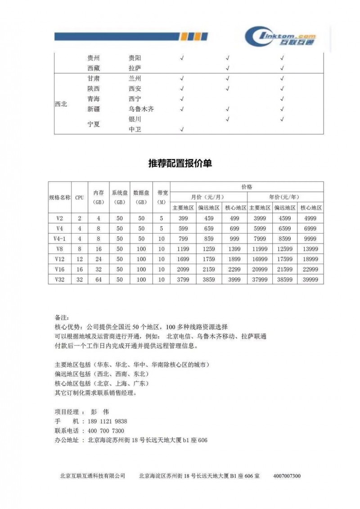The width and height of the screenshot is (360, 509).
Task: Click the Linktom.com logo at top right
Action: [281, 36]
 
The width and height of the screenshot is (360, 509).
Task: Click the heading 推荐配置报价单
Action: [180, 164]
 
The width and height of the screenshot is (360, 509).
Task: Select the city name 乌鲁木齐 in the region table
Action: [141, 109]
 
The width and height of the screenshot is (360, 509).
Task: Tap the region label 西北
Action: [61, 104]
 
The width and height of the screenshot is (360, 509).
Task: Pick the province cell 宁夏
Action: [94, 125]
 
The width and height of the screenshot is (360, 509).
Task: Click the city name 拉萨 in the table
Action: [135, 68]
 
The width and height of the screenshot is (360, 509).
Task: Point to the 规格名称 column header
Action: [60, 197]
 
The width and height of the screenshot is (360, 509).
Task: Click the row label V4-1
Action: [60, 239]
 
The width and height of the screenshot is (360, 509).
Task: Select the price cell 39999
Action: [310, 279]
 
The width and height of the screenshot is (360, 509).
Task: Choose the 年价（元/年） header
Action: [284, 197]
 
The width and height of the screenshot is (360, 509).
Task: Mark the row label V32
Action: [60, 279]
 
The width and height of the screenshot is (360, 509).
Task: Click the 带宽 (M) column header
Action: [162, 197]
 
